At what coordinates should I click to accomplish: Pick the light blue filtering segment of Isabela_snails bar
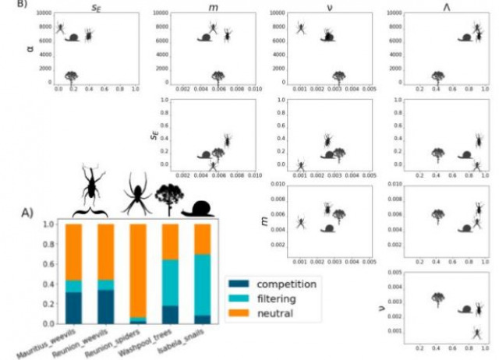pyautogui.click(x=201, y=284)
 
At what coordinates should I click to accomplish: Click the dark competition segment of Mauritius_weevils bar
pyautogui.click(x=74, y=308)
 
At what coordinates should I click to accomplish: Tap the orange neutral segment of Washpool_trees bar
pyautogui.click(x=170, y=242)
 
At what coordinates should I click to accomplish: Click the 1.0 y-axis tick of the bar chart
pyautogui.click(x=50, y=224)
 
